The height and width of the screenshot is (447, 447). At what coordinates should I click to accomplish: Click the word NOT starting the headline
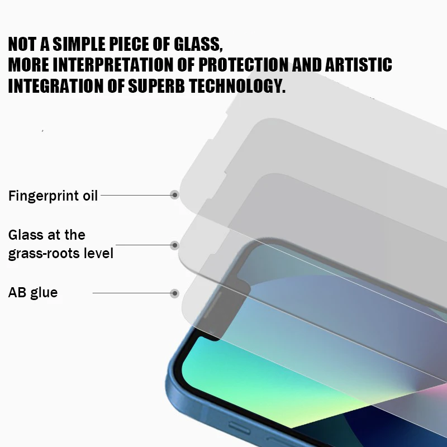[x=22, y=44]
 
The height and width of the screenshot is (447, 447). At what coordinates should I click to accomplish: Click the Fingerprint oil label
[x=53, y=196]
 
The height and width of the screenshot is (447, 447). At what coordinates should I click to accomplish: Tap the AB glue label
[x=33, y=292]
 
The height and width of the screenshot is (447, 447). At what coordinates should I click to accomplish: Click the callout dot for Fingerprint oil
[x=175, y=195]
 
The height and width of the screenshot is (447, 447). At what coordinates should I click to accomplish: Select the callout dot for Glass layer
[x=175, y=245]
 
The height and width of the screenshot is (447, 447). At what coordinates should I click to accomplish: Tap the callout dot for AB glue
[x=175, y=293]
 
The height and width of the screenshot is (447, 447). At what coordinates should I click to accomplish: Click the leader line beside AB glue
[x=131, y=293]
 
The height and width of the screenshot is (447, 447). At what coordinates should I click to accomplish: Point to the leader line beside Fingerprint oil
[x=135, y=195]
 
